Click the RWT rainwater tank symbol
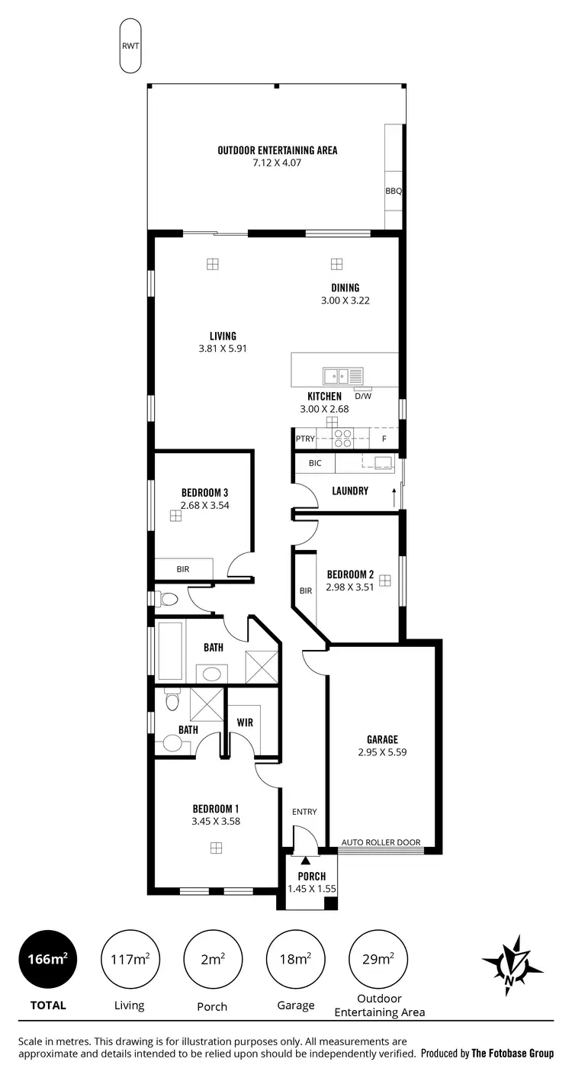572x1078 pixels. coord(130,46)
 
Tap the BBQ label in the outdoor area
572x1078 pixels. coord(393,191)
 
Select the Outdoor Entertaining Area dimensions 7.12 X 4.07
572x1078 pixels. coord(277,163)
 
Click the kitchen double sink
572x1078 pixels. coord(336,375)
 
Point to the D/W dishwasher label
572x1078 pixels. coord(363,396)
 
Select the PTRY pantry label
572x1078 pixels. coord(306,439)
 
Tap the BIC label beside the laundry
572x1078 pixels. coord(315,463)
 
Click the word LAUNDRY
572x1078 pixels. coord(350,491)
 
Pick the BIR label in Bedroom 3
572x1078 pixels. coord(183,569)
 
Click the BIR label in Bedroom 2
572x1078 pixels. coord(306,590)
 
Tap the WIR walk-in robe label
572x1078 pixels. coord(245,721)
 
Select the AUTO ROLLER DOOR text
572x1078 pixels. coord(381,842)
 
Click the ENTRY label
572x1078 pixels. coord(304,812)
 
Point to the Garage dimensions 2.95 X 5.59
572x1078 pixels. coord(382,751)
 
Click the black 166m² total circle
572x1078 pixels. coord(48,960)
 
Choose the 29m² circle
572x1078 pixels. coord(378,960)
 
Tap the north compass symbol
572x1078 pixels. coord(512,965)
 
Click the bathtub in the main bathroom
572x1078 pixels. coord(171,652)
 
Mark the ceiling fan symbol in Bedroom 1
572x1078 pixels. coord(217,848)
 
